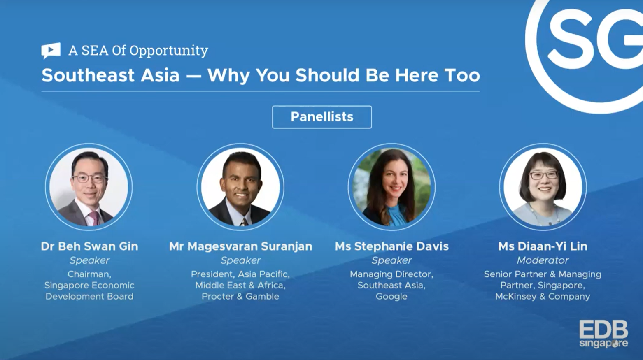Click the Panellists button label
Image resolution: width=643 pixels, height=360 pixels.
click(322, 117)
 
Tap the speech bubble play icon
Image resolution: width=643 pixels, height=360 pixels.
click(51, 51)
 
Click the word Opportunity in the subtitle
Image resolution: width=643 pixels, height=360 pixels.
click(168, 51)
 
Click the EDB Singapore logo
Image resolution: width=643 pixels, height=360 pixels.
click(603, 334)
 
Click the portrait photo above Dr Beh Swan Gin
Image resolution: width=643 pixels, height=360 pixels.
click(89, 187)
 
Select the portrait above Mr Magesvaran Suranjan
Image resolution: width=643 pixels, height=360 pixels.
click(240, 187)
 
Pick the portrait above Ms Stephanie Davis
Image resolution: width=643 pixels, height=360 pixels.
click(391, 187)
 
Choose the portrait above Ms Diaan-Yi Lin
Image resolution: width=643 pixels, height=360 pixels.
click(543, 187)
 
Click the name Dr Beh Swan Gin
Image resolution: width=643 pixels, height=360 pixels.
click(89, 246)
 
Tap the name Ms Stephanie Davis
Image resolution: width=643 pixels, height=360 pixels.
click(391, 246)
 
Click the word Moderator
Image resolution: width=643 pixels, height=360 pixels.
click(543, 260)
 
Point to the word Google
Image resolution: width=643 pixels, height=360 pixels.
click(391, 297)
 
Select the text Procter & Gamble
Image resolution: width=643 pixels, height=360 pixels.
click(240, 296)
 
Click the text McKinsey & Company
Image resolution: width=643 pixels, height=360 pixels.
click(543, 297)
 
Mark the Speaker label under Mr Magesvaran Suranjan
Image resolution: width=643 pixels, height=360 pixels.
click(240, 260)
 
